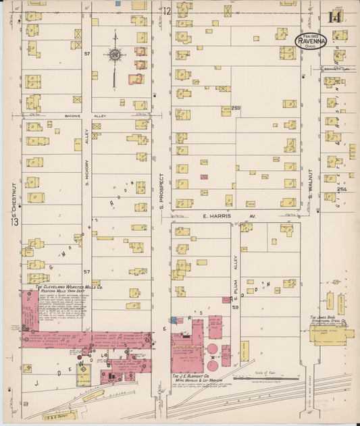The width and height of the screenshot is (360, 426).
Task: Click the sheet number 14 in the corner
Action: click(x=334, y=18)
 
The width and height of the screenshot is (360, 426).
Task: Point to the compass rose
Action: click(x=115, y=54)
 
